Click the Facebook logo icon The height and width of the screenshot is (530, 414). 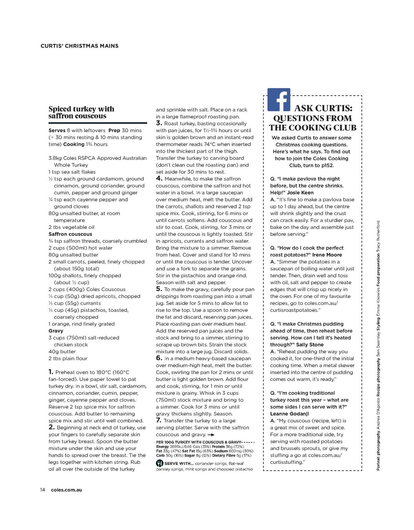279,99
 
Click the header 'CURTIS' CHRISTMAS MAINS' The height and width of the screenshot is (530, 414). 79,46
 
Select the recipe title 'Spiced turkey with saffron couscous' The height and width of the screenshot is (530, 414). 81,113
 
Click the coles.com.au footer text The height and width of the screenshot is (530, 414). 66,490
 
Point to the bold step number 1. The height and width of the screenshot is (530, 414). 51,372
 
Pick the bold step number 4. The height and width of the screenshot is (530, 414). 159,179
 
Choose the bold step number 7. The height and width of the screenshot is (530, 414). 159,420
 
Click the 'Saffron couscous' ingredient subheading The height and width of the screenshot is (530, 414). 70,234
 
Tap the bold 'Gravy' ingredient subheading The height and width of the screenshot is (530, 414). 56,331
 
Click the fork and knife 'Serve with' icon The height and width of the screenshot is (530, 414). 159,463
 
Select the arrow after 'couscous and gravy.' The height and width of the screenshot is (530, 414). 211,435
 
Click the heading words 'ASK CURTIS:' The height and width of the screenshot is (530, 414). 323,108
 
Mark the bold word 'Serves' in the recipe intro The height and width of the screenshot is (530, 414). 57,131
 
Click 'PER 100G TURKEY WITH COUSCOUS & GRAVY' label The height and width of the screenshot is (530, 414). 199,442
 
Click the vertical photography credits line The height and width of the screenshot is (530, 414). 378,345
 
